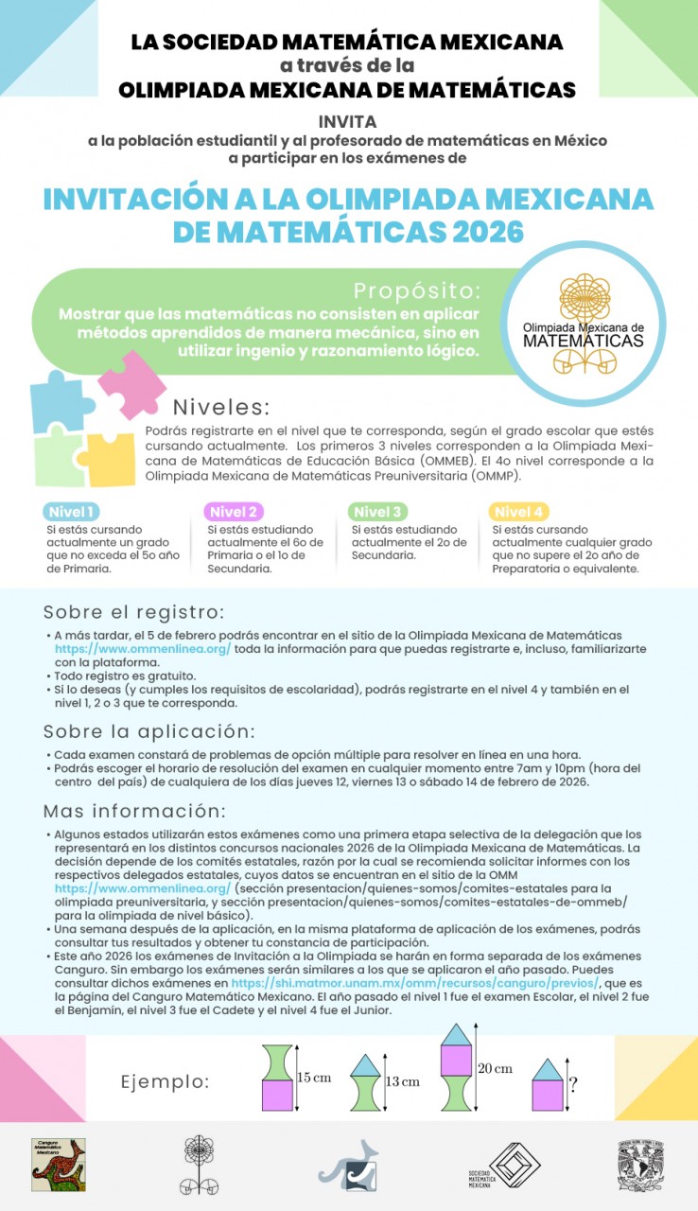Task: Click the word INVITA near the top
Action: [348, 122]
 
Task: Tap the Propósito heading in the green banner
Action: [417, 289]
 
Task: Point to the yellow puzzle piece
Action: [111, 458]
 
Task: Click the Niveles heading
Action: [221, 408]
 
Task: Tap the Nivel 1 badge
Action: [72, 512]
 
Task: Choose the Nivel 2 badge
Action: [233, 512]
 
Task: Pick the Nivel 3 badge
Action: [376, 512]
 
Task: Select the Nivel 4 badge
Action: [518, 512]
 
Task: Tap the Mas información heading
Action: [134, 812]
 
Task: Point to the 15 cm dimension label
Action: [315, 1077]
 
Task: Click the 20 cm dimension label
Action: [495, 1068]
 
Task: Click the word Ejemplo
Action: [165, 1082]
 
